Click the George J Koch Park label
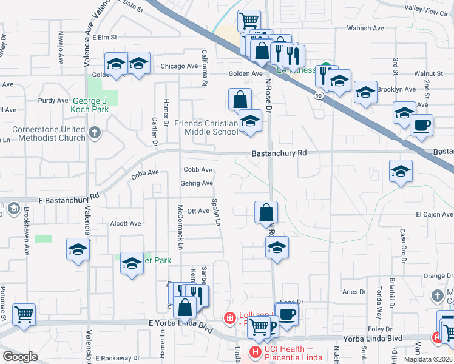pos(90,105)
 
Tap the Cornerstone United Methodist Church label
pos(47,133)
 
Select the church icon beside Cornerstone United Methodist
pos(94,133)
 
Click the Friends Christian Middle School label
pos(206,127)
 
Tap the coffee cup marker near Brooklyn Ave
pos(421,126)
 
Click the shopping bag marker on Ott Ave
pos(266,212)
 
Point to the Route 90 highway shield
pos(318,96)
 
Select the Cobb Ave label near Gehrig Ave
pos(198,170)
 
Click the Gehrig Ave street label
pos(196,183)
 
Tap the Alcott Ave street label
pos(126,223)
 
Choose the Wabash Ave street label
pos(365,28)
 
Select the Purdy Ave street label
pos(53,101)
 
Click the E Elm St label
pos(104,38)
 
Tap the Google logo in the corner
pos(20,356)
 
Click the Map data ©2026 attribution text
pos(428,359)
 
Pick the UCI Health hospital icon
pos(255,351)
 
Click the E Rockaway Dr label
pos(118,358)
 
